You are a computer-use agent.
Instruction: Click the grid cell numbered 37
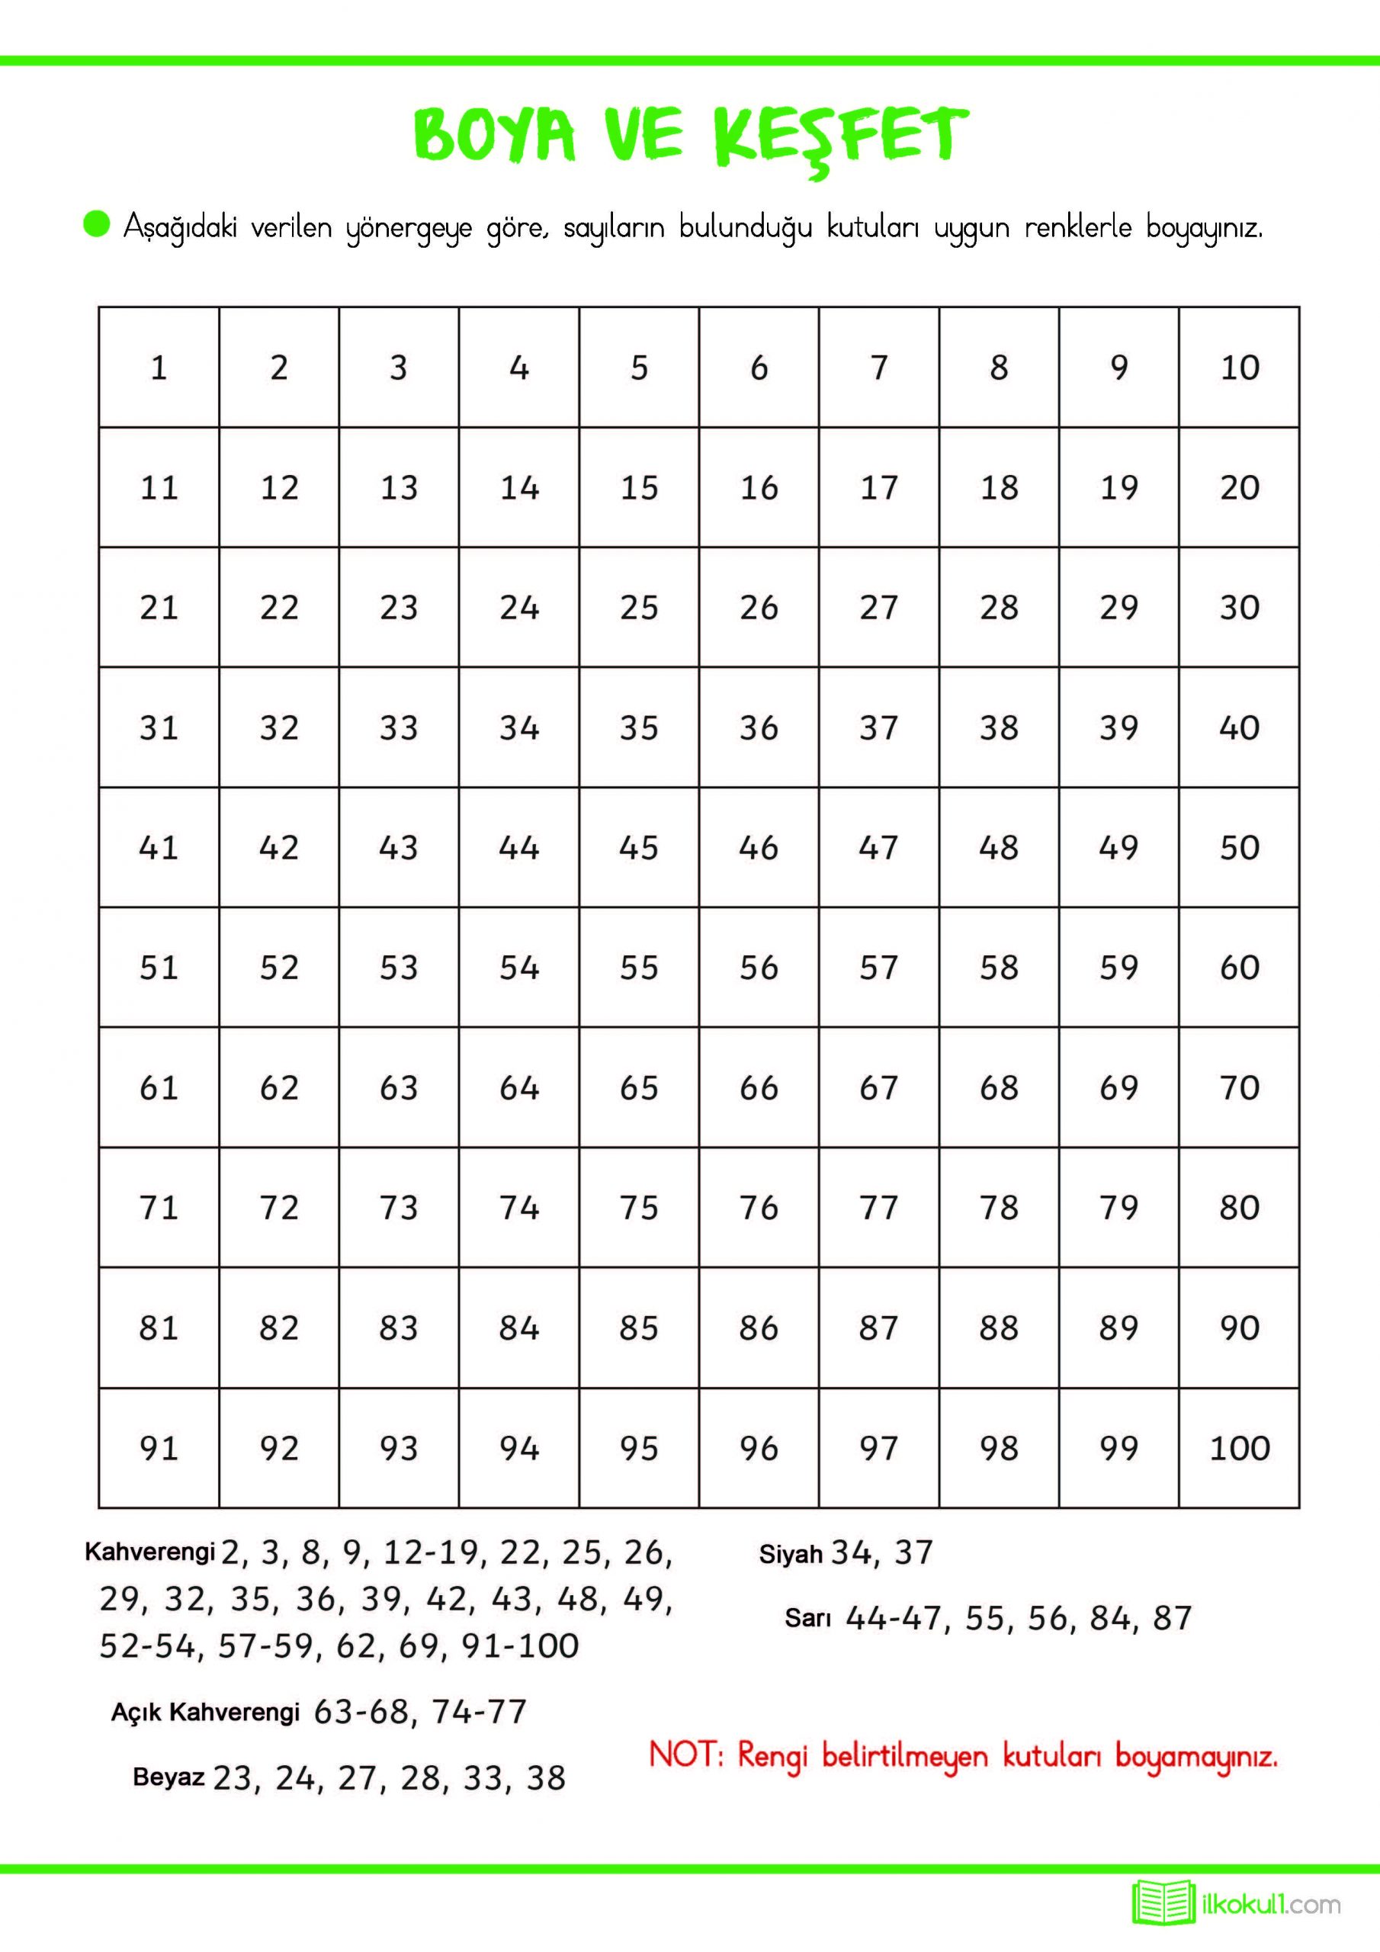click(878, 727)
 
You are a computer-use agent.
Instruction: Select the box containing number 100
click(1239, 1448)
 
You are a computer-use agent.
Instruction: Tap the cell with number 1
click(159, 368)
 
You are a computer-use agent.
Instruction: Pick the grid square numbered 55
click(639, 968)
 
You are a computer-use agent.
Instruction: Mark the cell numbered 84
click(518, 1328)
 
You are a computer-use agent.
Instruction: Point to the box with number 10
click(1239, 368)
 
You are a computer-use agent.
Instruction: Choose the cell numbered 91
click(159, 1448)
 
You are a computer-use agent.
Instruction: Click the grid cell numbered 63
click(399, 1087)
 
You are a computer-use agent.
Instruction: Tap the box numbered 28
click(999, 607)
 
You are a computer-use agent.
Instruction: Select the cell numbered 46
click(759, 848)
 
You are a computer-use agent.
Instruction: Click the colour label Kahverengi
click(149, 1552)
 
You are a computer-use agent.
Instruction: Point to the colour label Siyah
click(791, 1555)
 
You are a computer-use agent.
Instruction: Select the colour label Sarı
click(807, 1618)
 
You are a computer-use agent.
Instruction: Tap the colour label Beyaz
click(168, 1777)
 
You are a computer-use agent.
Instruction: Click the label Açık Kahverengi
click(206, 1711)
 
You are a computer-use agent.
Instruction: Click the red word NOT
click(685, 1754)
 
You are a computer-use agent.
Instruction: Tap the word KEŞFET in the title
click(842, 136)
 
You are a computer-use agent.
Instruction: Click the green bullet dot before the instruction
click(97, 224)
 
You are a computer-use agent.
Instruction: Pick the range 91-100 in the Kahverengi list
click(519, 1646)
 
